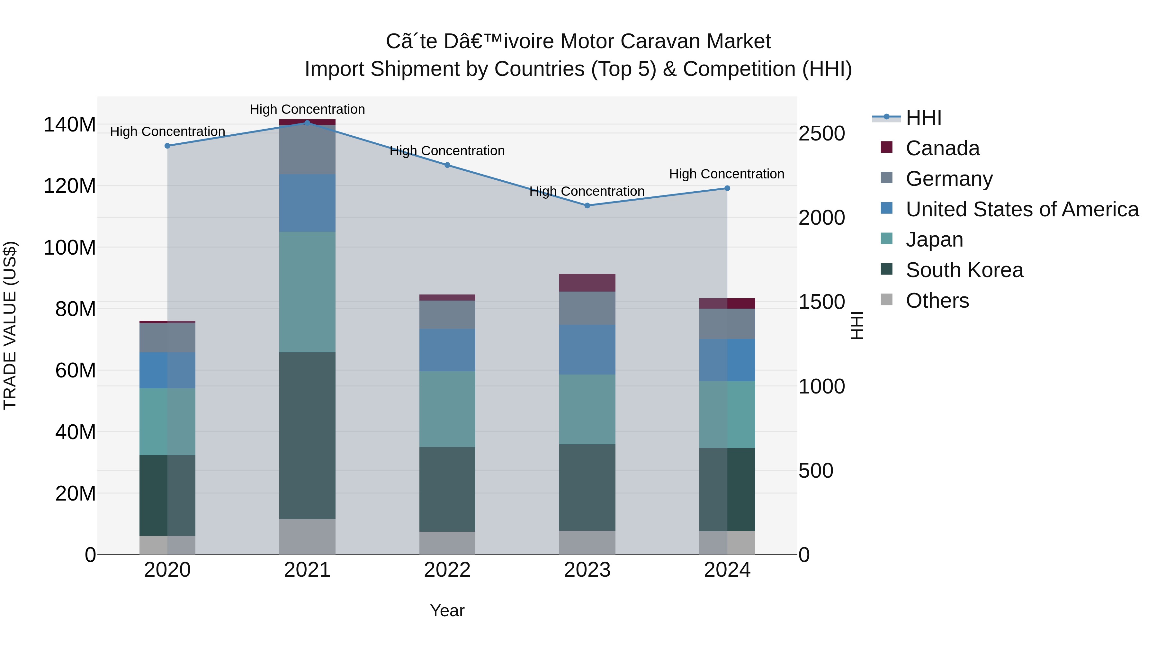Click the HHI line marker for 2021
307,123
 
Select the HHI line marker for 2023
587,206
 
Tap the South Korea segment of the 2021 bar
307,436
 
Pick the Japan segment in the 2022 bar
447,409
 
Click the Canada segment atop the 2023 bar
587,283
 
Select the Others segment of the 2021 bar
307,537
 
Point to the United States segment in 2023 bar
587,349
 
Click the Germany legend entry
949,179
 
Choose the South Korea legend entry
964,270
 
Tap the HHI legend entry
923,118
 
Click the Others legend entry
937,301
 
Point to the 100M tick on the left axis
70,248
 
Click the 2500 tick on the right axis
821,133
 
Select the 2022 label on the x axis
447,570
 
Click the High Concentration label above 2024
726,174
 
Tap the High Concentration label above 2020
167,131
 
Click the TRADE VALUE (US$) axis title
10,325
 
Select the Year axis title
447,610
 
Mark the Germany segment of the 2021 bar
307,149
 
